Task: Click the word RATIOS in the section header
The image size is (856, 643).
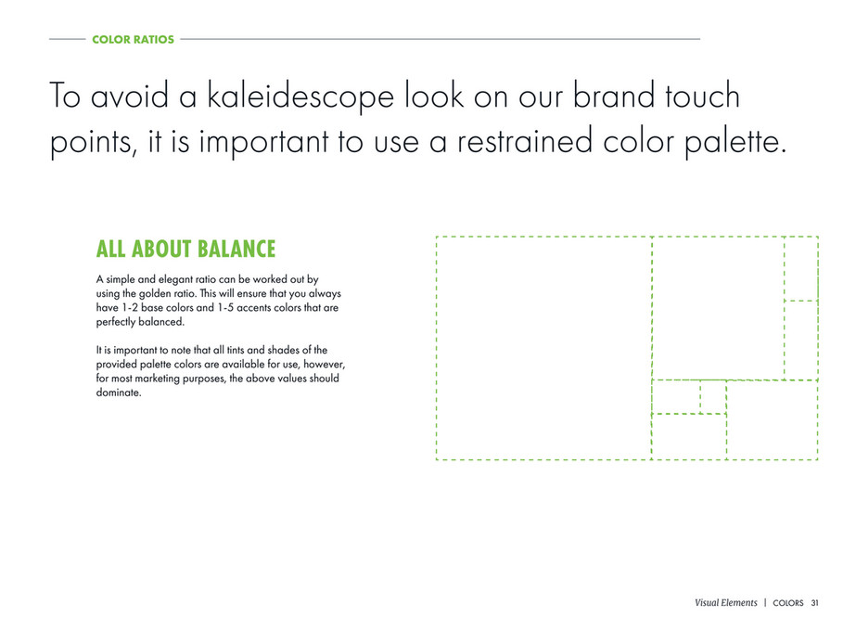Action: tap(156, 39)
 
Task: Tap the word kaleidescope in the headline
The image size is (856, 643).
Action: tap(300, 96)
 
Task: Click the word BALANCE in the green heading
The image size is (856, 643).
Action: tap(236, 249)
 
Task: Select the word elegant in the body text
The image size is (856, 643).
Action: tap(174, 279)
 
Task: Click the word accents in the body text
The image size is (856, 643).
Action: tap(254, 308)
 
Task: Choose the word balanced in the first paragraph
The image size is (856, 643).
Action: tap(161, 322)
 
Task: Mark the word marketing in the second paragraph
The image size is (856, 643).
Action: tap(157, 379)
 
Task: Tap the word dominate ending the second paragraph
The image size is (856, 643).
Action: tap(119, 392)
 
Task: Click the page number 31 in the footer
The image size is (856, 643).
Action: tap(814, 603)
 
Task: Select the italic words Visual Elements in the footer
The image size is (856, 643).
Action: tap(725, 602)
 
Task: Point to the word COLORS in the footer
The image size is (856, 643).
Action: tap(787, 603)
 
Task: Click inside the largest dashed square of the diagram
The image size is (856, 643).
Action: tap(543, 348)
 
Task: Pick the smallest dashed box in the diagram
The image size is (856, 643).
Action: tap(713, 397)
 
